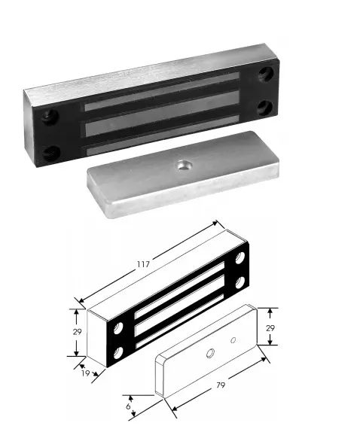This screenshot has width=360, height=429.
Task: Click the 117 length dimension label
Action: (143, 264)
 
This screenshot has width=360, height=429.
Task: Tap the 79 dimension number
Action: (221, 385)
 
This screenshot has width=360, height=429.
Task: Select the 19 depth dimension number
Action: (86, 373)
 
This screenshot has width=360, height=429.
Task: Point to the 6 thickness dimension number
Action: (128, 406)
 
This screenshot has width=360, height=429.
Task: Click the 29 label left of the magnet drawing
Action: (78, 332)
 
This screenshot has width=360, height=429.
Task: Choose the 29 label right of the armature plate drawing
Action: (270, 328)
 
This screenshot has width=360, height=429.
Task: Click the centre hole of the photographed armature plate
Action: (184, 165)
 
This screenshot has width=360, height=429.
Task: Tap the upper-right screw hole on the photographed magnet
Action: (266, 73)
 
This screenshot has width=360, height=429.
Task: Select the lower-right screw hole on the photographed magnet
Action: (265, 107)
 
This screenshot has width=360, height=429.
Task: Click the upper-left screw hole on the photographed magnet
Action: (50, 117)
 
